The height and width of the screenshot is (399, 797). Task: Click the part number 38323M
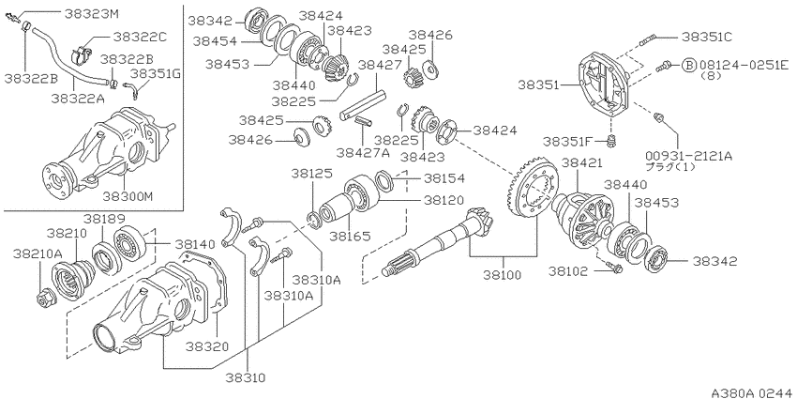92,13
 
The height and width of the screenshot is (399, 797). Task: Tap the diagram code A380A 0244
752,392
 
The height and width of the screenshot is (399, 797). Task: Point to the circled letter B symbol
689,65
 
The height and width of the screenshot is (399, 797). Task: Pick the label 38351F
567,141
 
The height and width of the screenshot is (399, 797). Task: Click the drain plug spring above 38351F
613,139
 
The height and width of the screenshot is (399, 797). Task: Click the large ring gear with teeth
533,190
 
